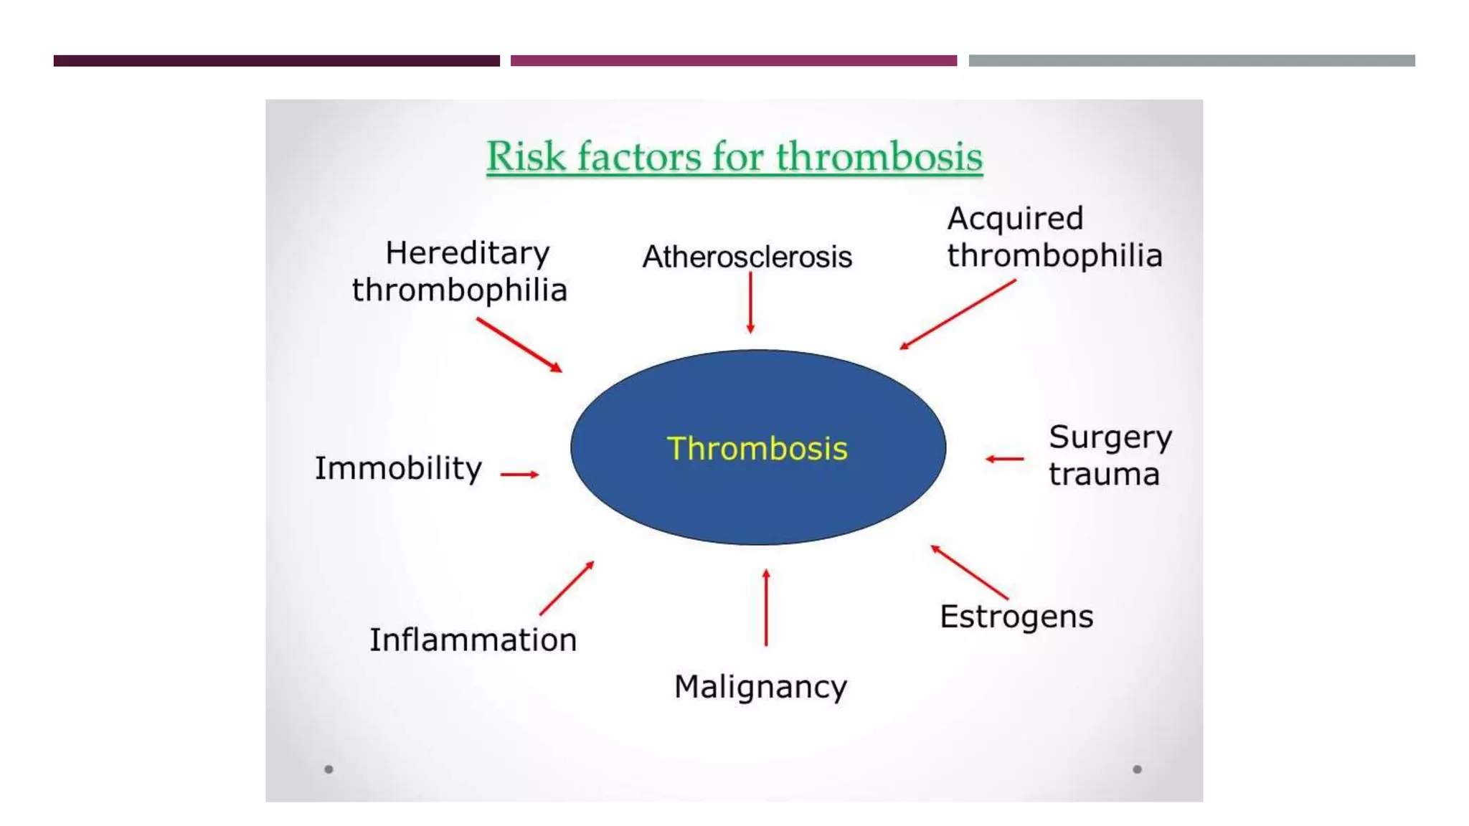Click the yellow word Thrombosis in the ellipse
pos(757,449)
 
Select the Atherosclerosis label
pos(747,257)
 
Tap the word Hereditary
pos(467,253)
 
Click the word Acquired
pos(1014,219)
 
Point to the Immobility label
pos(398,468)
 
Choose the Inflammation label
pos(473,640)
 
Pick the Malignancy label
pos(760,687)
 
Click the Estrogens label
pos(1016,617)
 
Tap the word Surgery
pos(1110,437)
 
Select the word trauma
pos(1103,475)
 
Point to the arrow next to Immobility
pos(519,474)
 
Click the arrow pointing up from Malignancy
pos(766,608)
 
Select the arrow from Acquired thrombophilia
pos(958,315)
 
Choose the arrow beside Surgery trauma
pos(1004,459)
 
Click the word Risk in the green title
pos(526,156)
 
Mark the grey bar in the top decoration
pos(1191,61)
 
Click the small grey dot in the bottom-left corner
pos(329,769)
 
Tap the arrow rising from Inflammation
pos(567,588)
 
